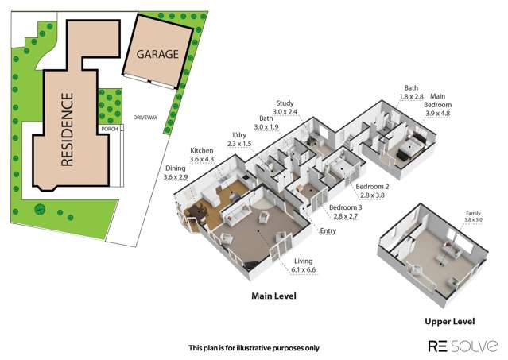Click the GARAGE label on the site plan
coord(157,54)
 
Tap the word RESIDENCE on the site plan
coord(67,130)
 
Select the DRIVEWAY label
coord(145,118)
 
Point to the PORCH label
coord(110,129)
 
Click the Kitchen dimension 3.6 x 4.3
coord(201,159)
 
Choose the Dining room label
coord(175,168)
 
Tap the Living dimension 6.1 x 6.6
coord(303,269)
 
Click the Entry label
coord(328,230)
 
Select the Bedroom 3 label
coord(345,207)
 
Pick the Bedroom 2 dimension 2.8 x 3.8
coord(372,195)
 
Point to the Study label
coord(285,103)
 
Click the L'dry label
coord(239,135)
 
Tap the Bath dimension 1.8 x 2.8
coord(411,96)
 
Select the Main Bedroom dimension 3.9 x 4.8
coord(437,114)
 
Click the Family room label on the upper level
coord(473,213)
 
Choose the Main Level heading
coord(273,296)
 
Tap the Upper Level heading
coord(450,322)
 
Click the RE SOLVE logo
coord(463,346)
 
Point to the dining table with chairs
coord(196,212)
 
